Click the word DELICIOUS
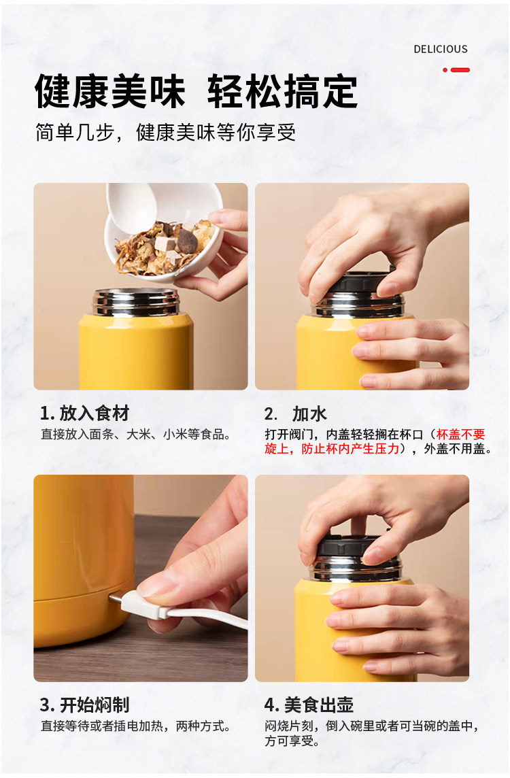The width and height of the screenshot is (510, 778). point(441,49)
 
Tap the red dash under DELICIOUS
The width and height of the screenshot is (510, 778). point(460,70)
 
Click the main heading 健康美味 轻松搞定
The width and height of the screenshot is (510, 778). point(196,91)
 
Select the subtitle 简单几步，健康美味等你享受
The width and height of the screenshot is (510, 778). point(166,133)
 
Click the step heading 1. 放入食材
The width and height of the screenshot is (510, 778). point(85,413)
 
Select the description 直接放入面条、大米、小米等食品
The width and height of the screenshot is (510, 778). point(135,435)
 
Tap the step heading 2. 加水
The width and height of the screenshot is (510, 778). point(296,413)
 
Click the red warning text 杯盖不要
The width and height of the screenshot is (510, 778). point(461,435)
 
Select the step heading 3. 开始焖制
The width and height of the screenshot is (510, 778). point(85,705)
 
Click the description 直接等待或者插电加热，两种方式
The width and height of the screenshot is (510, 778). point(135,726)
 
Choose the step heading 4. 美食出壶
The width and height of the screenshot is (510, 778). point(309,705)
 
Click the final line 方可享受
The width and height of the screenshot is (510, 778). point(292,741)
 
